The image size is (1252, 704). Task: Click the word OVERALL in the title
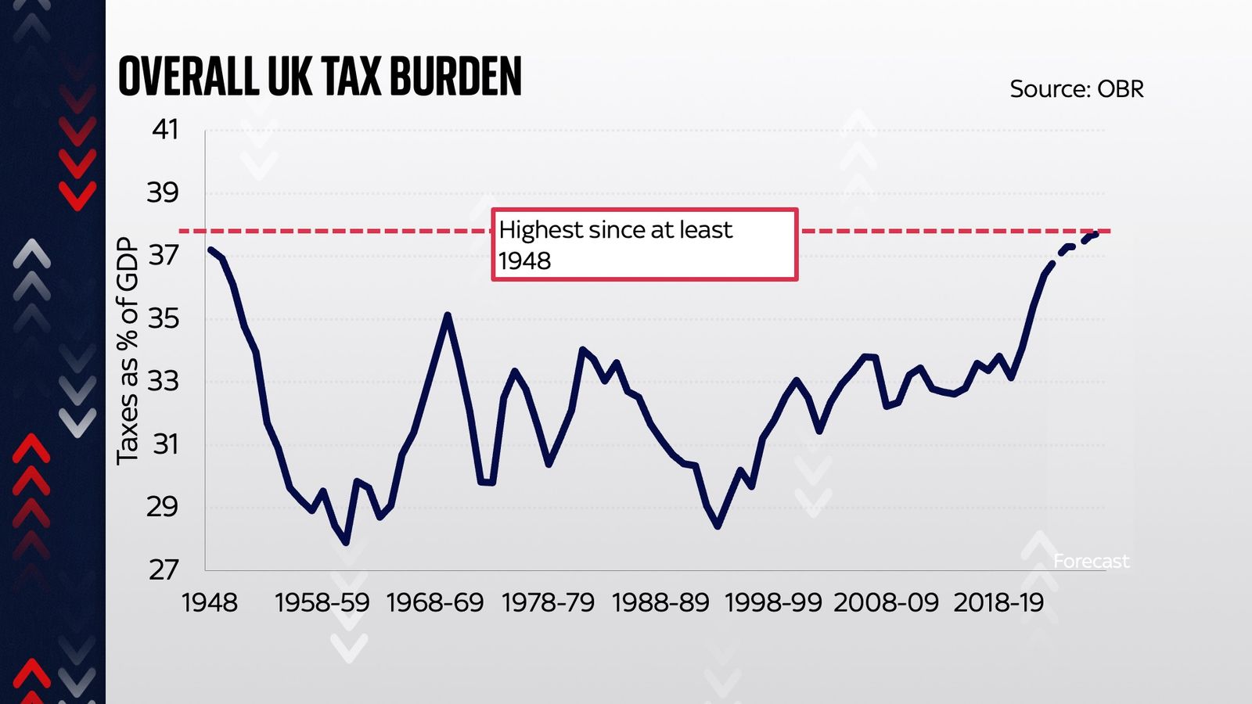188,77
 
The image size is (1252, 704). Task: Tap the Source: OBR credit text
1076,89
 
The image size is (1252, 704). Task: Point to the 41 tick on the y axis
165,129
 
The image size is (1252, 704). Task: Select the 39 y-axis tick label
163,192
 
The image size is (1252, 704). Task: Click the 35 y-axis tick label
163,318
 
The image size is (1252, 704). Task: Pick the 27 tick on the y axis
164,569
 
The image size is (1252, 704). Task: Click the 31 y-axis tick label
165,444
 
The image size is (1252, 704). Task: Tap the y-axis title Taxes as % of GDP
128,351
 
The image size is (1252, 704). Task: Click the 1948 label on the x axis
209,602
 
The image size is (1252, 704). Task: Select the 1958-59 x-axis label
322,602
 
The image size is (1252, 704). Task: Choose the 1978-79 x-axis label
548,602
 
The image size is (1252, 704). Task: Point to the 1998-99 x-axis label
773,602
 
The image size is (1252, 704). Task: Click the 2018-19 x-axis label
998,602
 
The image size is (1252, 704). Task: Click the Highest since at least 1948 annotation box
644,244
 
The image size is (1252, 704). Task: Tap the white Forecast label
1091,561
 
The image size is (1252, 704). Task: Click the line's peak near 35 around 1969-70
447,315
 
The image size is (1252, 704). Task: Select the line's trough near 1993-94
718,526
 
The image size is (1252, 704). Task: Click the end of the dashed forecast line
1097,233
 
